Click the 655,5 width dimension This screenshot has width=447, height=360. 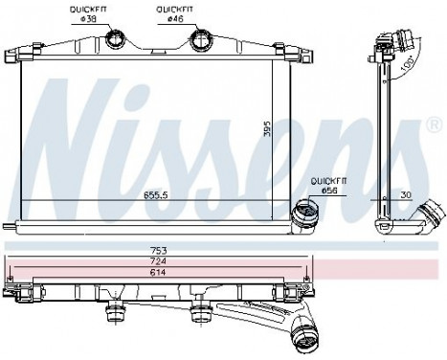157,193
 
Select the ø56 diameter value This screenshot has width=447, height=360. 328,191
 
